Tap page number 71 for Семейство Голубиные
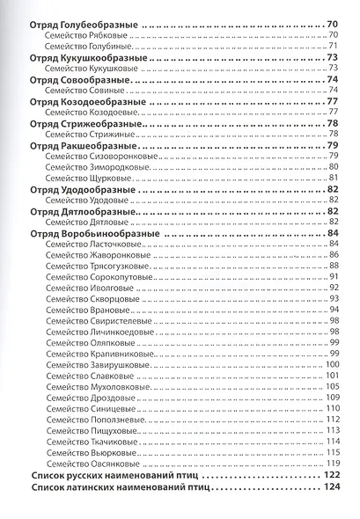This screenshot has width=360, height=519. (334, 46)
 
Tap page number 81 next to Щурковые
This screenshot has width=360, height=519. (334, 177)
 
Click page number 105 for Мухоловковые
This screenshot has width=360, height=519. (333, 386)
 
